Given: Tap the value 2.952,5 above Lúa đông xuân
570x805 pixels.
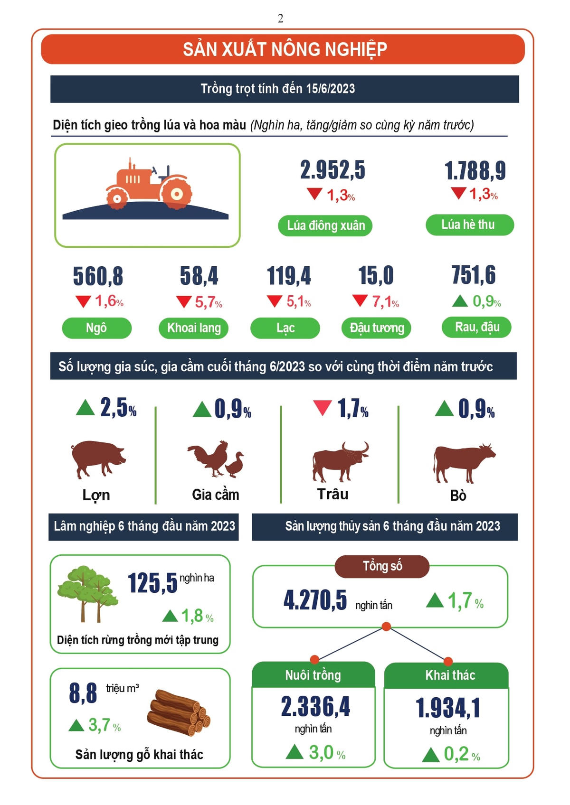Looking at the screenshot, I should (x=332, y=170).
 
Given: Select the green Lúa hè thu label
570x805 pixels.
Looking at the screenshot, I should (x=469, y=225).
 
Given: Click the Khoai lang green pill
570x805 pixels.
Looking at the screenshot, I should (x=194, y=328).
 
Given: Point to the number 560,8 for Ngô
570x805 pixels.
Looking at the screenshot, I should (x=98, y=276).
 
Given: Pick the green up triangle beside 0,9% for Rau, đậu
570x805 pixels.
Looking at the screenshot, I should (x=460, y=301).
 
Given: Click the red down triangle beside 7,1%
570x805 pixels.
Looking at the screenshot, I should (x=360, y=300).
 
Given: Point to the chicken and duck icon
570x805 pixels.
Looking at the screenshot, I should (x=216, y=459).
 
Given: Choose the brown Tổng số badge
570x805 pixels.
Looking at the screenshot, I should (x=382, y=566).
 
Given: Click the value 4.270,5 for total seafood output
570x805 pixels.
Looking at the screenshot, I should (x=315, y=600).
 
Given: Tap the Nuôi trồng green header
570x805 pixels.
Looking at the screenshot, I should (x=313, y=675).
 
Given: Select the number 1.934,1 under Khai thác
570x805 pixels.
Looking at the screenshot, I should (x=448, y=708).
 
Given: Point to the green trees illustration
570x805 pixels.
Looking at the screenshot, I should (x=87, y=592).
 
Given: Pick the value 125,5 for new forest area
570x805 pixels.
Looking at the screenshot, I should (x=152, y=583).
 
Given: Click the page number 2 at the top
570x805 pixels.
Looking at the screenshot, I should (x=280, y=19).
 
